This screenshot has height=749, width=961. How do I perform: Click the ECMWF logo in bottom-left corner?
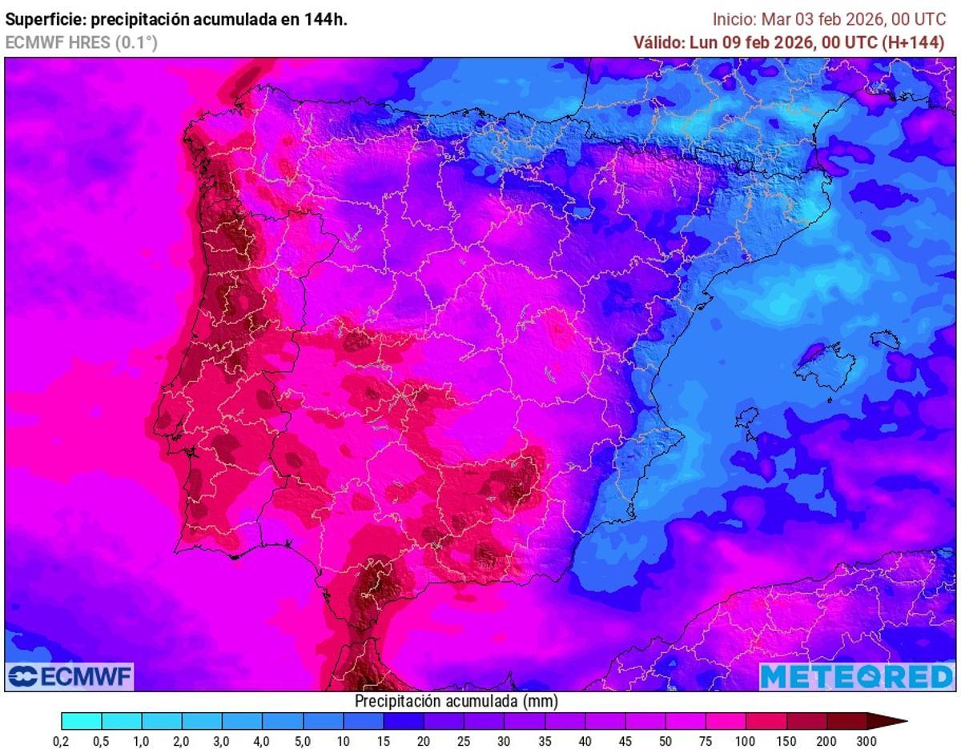pyautogui.click(x=70, y=677)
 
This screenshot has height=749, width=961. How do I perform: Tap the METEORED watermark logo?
pyautogui.click(x=856, y=677)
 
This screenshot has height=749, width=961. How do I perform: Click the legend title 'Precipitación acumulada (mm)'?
pyautogui.click(x=456, y=701)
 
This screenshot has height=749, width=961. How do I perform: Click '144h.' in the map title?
pyautogui.click(x=326, y=20)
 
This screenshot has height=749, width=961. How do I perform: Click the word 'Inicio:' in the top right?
pyautogui.click(x=734, y=20)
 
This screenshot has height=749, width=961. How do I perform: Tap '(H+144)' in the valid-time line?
pyautogui.click(x=913, y=43)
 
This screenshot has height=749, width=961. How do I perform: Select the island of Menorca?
pyautogui.click(x=886, y=339)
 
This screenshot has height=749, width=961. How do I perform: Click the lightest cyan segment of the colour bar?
pyautogui.click(x=81, y=721)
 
